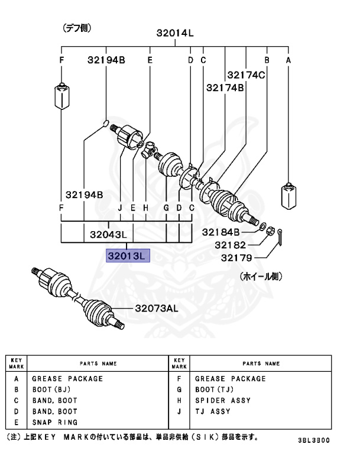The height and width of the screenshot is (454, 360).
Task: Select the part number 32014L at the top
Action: coord(175,34)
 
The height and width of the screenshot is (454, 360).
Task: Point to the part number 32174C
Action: coord(245,75)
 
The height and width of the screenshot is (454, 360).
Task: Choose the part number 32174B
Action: coord(225,87)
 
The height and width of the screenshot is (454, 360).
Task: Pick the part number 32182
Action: coord(228,244)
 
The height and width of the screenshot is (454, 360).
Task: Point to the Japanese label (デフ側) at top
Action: coord(77,28)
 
